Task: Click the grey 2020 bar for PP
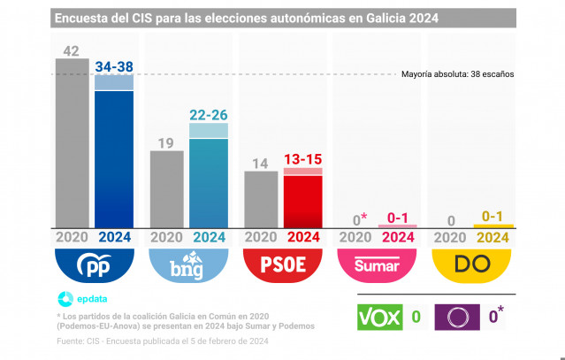click(x=72, y=143)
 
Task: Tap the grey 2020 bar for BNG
click(x=166, y=189)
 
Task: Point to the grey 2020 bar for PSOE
click(x=261, y=200)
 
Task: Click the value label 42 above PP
click(x=72, y=50)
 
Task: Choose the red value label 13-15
click(x=302, y=159)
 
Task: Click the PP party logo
click(x=95, y=264)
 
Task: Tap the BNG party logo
click(x=188, y=264)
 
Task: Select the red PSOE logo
click(x=282, y=264)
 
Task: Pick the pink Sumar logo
click(x=377, y=264)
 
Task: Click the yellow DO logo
click(x=470, y=264)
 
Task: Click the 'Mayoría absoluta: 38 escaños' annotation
click(x=457, y=74)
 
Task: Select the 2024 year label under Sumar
click(x=397, y=237)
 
